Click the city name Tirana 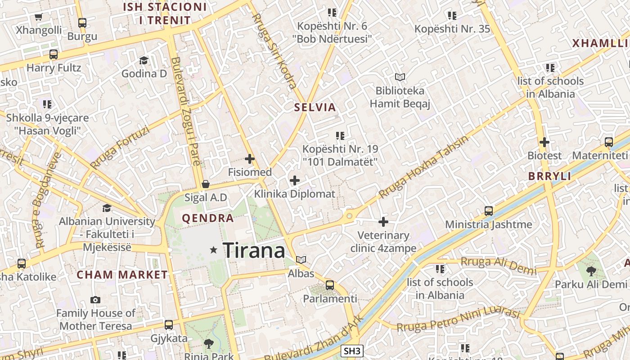(x=254, y=250)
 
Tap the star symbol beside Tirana (x=214, y=250)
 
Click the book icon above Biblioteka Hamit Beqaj (x=400, y=77)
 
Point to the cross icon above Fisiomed (x=250, y=159)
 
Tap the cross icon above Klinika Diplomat (x=295, y=180)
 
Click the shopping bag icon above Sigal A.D (x=206, y=184)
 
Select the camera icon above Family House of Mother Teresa (x=95, y=300)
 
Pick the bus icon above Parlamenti (x=330, y=285)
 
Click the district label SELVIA (x=315, y=108)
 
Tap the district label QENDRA (x=208, y=219)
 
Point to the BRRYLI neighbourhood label (x=549, y=176)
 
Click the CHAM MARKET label (x=122, y=275)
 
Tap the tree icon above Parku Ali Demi (x=591, y=271)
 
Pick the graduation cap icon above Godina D (x=144, y=60)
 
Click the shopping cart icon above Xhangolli (x=38, y=17)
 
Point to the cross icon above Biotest (x=544, y=142)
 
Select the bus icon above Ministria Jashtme (x=488, y=211)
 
